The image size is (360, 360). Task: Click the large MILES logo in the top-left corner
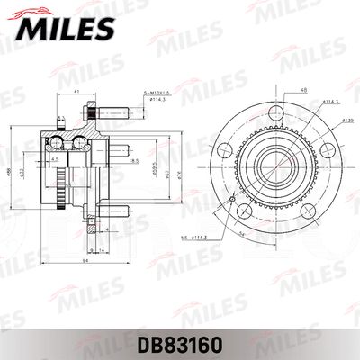point(65,26)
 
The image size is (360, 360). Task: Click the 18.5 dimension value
point(133,160)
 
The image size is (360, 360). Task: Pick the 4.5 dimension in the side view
point(56,160)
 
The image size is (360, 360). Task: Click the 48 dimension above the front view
point(280,90)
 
